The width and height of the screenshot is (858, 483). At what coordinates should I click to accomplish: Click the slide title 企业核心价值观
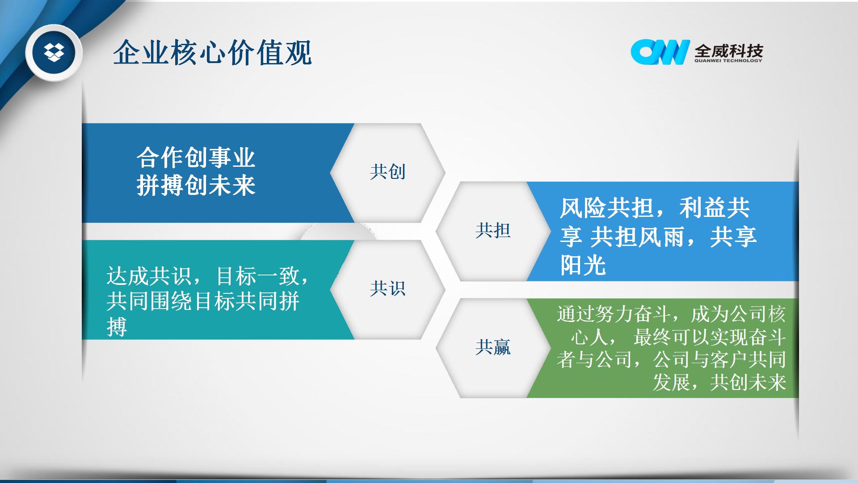pyautogui.click(x=212, y=53)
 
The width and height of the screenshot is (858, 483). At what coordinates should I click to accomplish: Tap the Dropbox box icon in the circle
pyautogui.click(x=54, y=52)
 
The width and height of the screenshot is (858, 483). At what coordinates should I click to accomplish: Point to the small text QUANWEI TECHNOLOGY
pyautogui.click(x=728, y=60)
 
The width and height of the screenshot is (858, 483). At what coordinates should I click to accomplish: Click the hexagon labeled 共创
pyautogui.click(x=387, y=173)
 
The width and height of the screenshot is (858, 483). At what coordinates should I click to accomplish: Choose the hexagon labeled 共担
pyautogui.click(x=493, y=231)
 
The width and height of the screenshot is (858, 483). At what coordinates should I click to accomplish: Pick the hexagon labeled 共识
pyautogui.click(x=387, y=289)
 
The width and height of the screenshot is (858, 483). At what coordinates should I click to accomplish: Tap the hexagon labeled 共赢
pyautogui.click(x=493, y=348)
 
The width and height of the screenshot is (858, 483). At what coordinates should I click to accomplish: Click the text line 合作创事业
pyautogui.click(x=196, y=158)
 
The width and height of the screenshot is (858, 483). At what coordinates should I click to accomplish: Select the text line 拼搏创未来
pyautogui.click(x=196, y=185)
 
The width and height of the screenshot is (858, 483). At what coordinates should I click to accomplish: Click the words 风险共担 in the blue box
pyautogui.click(x=607, y=208)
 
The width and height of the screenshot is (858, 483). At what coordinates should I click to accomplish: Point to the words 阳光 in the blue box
pyautogui.click(x=583, y=265)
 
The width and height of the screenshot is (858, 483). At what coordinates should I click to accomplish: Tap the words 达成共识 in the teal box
pyautogui.click(x=149, y=276)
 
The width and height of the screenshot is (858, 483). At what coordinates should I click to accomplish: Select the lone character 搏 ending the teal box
pyautogui.click(x=117, y=326)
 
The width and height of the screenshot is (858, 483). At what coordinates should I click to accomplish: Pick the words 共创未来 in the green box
pyautogui.click(x=748, y=382)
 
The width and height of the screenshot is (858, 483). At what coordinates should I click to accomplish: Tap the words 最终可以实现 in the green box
pyautogui.click(x=681, y=337)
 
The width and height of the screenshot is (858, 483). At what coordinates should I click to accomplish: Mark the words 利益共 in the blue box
pyautogui.click(x=715, y=208)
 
